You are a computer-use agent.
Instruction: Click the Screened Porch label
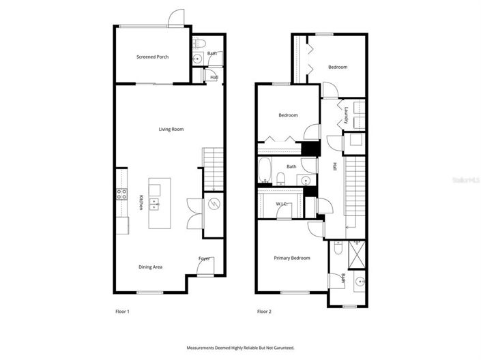coord(152,57)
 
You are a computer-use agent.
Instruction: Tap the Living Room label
coord(171,129)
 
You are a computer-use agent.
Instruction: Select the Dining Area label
coord(151,267)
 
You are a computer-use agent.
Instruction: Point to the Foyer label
coord(204,258)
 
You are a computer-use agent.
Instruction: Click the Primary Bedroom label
coord(292,258)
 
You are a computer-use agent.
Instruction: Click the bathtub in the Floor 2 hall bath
coord(265,171)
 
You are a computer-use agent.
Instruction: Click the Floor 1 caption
coord(122,312)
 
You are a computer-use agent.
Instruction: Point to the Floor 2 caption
coord(264,312)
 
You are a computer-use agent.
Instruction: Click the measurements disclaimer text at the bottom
coord(240,348)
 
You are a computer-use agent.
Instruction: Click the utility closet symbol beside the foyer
coord(214,204)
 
